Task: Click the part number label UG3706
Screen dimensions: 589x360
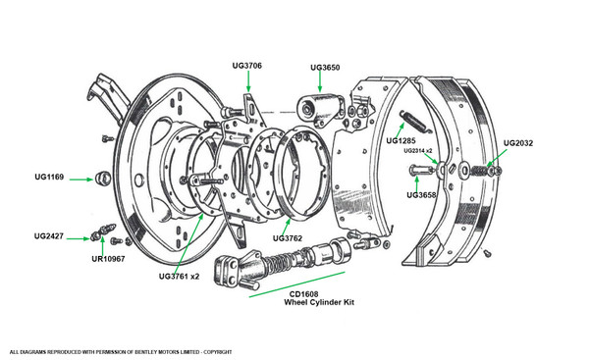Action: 246,66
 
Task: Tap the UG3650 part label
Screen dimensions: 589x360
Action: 325,68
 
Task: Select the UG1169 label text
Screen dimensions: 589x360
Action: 49,177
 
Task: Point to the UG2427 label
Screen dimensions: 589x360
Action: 49,236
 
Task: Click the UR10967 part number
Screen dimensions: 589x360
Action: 108,259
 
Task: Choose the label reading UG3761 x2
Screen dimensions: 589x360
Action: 179,277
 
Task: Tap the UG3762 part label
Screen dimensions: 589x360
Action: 288,238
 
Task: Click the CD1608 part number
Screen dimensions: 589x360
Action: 303,294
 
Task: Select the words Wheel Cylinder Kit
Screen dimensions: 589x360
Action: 319,302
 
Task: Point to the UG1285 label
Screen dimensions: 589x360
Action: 401,141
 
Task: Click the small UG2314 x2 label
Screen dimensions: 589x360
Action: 418,151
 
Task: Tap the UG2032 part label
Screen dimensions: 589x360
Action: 518,143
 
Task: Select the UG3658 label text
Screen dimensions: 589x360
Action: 421,195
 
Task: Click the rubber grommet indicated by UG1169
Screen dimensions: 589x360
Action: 102,178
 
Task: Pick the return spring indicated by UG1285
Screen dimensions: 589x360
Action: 415,122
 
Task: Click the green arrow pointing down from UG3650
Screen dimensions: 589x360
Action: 320,81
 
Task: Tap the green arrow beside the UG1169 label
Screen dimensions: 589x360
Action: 81,180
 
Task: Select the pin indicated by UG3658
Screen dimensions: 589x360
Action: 422,170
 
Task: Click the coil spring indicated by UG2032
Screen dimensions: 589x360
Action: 481,171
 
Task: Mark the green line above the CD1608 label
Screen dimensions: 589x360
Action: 297,284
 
